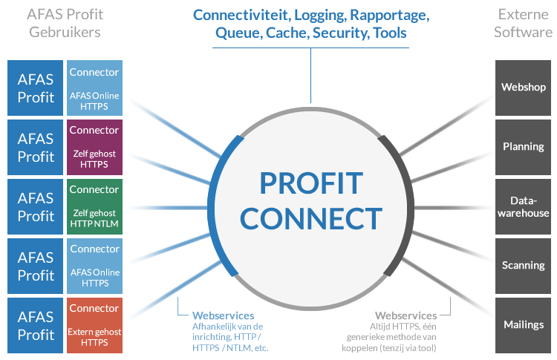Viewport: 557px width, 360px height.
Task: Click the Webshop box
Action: click(x=524, y=88)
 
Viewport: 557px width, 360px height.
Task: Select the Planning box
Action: click(x=524, y=147)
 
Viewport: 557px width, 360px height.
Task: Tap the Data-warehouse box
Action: click(x=524, y=206)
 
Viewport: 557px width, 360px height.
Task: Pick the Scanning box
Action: click(x=524, y=266)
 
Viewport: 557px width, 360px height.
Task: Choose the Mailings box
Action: click(x=524, y=325)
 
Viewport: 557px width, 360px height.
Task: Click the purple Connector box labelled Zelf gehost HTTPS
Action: click(x=94, y=147)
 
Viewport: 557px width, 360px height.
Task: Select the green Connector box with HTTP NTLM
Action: click(x=94, y=206)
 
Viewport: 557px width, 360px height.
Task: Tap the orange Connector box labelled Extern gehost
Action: click(x=94, y=325)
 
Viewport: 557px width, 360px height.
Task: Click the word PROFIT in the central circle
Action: click(x=311, y=183)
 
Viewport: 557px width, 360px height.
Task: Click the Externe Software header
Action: click(x=523, y=23)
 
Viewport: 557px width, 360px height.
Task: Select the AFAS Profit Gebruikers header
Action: click(x=65, y=23)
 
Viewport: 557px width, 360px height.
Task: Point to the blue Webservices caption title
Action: click(x=223, y=315)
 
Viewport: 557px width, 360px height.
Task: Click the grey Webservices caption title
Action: click(x=405, y=315)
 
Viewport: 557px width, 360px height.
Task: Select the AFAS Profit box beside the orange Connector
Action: click(x=36, y=325)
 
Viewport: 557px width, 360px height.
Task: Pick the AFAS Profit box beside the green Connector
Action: click(x=36, y=206)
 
